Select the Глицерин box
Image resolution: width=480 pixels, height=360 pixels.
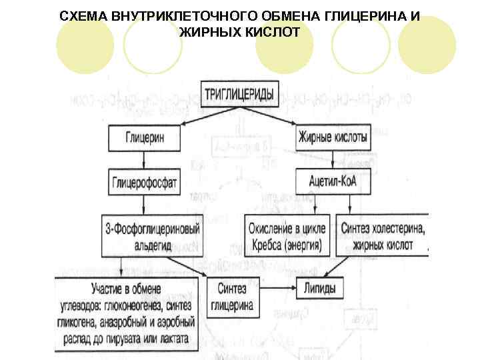click(x=144, y=139)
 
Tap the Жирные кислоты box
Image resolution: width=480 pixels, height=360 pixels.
click(x=332, y=139)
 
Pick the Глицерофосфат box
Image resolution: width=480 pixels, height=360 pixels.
click(x=145, y=182)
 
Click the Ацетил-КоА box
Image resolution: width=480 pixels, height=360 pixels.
click(x=331, y=182)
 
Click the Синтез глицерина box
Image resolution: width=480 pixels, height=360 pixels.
click(x=231, y=296)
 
